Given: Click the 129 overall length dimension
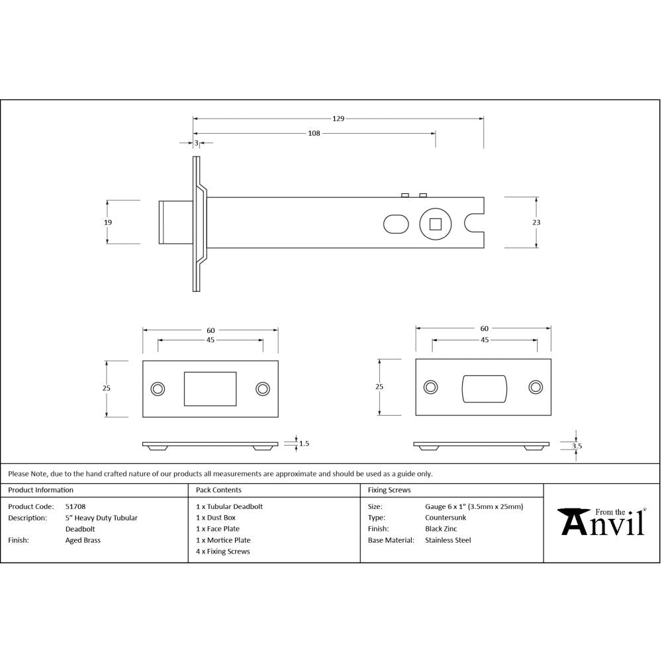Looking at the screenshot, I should pyautogui.click(x=338, y=119).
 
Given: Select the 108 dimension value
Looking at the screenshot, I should pyautogui.click(x=314, y=133).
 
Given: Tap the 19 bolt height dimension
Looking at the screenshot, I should pyautogui.click(x=108, y=222).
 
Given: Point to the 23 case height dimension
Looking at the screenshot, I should pyautogui.click(x=536, y=222).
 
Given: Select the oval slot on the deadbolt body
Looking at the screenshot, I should pyautogui.click(x=396, y=224).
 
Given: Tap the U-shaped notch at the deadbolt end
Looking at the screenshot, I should pyautogui.click(x=475, y=223).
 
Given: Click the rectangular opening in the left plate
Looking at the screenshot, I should pyautogui.click(x=210, y=389).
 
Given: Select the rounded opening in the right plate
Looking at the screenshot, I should pyautogui.click(x=483, y=388).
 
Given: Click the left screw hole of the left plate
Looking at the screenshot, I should pyautogui.click(x=158, y=389).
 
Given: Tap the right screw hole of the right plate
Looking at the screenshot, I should pyautogui.click(x=535, y=387).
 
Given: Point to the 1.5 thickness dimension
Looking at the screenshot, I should pyautogui.click(x=304, y=444).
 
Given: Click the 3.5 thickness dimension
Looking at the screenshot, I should pyautogui.click(x=577, y=446).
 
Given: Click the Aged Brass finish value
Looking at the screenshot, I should pyautogui.click(x=83, y=540).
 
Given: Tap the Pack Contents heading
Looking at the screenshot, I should pyautogui.click(x=218, y=490).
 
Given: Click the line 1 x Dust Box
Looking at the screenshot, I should pyautogui.click(x=216, y=518).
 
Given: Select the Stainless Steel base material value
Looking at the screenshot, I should pyautogui.click(x=448, y=540).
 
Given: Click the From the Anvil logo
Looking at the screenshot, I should pyautogui.click(x=602, y=522).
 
